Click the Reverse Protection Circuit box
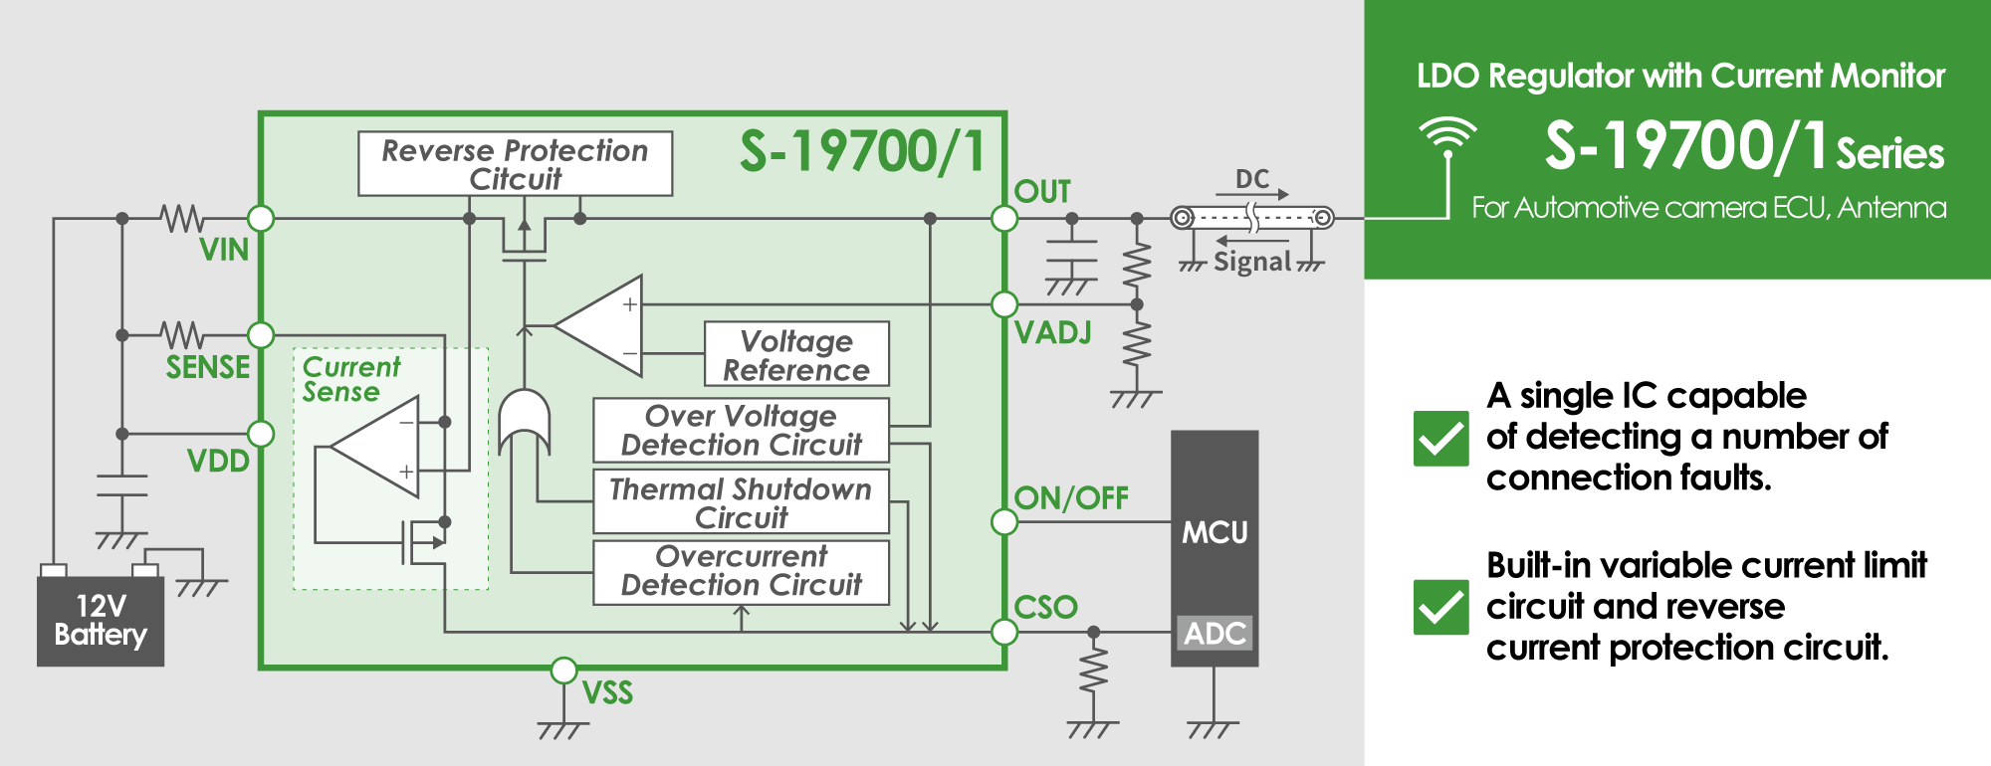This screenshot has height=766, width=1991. (x=515, y=164)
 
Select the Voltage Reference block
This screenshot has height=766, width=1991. (x=796, y=354)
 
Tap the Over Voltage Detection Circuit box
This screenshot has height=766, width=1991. (x=741, y=430)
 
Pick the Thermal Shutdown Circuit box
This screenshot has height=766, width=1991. (x=741, y=502)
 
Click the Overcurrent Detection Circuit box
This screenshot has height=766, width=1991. (x=741, y=571)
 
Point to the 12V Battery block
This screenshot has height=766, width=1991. (x=101, y=621)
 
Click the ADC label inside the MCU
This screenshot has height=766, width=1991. (x=1215, y=634)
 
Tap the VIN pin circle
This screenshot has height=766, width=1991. (x=261, y=218)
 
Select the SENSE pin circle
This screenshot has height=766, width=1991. (x=261, y=335)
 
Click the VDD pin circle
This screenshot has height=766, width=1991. (x=261, y=434)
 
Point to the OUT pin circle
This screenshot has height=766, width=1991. (x=1004, y=218)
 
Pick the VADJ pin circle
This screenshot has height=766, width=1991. (x=1004, y=304)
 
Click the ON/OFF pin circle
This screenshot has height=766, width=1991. (x=1004, y=521)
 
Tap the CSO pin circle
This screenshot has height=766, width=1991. (x=1004, y=632)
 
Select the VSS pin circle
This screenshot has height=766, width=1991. (x=563, y=670)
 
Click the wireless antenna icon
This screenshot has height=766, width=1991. (x=1448, y=136)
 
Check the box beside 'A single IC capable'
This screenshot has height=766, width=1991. (x=1440, y=439)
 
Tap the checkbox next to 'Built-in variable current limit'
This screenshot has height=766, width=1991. (x=1440, y=607)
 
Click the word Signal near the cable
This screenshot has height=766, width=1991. (x=1252, y=262)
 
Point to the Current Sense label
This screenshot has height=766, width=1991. (x=350, y=379)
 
